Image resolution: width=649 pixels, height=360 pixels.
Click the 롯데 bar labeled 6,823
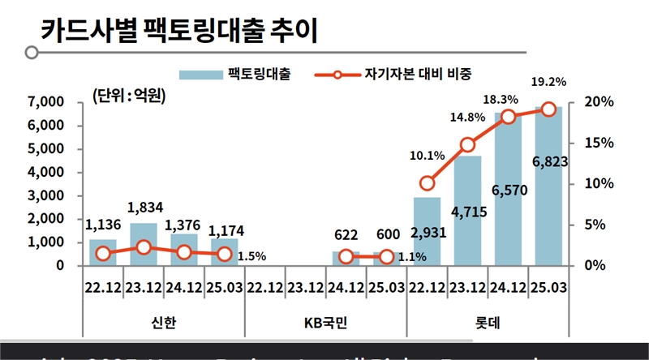tap(548, 195)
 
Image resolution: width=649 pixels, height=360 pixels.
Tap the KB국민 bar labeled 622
tap(346, 259)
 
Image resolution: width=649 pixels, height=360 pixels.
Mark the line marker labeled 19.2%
tap(548, 109)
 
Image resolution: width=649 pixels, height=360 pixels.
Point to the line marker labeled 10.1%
tap(428, 182)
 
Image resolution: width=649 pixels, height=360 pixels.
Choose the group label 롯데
tap(488, 324)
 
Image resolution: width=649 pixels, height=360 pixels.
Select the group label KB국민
tap(326, 324)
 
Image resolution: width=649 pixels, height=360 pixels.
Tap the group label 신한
tap(164, 324)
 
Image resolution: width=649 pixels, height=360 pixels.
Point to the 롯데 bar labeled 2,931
tap(428, 231)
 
